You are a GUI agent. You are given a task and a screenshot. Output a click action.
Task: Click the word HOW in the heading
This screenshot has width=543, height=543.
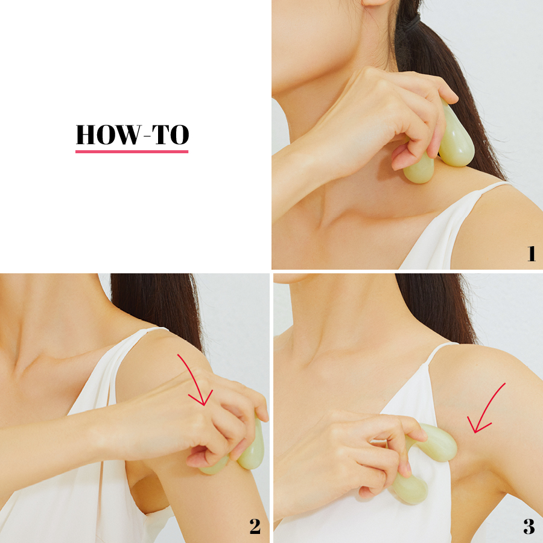click(108, 135)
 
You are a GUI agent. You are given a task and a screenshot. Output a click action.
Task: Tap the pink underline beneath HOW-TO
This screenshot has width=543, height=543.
click(132, 151)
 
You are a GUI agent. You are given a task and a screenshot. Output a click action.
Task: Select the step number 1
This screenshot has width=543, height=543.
click(531, 253)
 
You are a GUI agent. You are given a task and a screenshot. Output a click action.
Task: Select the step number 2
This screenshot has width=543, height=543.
click(255, 526)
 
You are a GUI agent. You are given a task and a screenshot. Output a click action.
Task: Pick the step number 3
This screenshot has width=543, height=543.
click(529, 526)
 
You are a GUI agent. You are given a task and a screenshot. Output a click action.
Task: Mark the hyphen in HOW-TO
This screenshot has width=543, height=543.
click(147, 136)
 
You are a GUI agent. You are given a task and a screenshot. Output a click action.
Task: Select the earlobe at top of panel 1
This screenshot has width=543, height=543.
click(375, 3)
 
